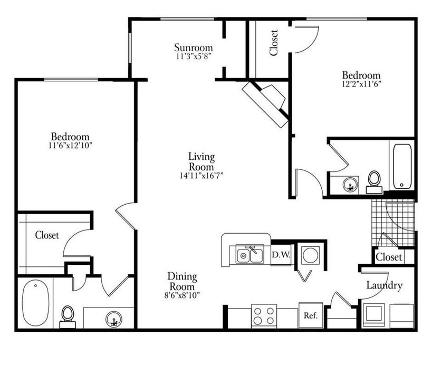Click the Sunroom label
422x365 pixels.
coord(193,47)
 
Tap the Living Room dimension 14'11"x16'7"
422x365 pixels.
coord(202,176)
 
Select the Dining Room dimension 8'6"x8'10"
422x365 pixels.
coord(182,295)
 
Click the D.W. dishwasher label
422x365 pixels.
coord(281,254)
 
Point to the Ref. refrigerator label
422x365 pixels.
coord(311,315)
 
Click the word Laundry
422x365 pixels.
coord(385,285)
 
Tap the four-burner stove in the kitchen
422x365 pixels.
coord(264,316)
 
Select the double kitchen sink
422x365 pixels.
coord(250,254)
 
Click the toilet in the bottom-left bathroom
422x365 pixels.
coord(68,316)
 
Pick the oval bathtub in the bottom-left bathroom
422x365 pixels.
coord(35,303)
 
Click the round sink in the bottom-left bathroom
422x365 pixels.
coord(113,319)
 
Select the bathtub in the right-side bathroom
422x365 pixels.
coord(402,166)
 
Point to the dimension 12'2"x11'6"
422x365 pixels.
coord(361,84)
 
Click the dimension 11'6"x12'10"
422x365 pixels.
coord(70,146)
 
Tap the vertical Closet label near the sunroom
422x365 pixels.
coord(274,43)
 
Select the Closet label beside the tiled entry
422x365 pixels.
coord(389,257)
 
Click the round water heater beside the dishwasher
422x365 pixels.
coord(311,255)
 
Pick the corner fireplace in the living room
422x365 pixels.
coord(265,103)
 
